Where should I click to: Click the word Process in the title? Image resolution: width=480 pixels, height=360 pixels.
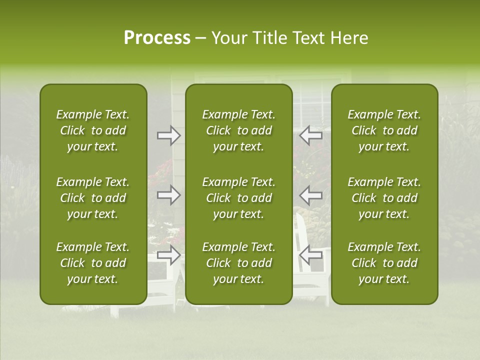click(157, 38)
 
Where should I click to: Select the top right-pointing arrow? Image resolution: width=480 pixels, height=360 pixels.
click(169, 135)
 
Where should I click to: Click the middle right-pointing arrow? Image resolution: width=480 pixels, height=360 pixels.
click(169, 194)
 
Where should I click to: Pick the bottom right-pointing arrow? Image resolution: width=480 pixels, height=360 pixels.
click(169, 255)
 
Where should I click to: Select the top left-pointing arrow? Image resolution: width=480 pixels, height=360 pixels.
click(311, 135)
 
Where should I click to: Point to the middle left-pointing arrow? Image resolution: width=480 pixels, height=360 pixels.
click(311, 194)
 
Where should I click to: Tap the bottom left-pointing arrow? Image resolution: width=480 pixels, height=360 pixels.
click(311, 255)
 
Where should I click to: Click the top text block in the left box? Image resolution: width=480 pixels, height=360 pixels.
click(93, 130)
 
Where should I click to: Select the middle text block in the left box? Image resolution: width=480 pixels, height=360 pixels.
click(93, 198)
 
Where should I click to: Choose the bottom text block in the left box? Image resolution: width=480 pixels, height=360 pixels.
click(93, 263)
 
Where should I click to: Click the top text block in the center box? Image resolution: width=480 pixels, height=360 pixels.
click(238, 130)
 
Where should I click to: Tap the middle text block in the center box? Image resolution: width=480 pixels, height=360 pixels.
click(238, 198)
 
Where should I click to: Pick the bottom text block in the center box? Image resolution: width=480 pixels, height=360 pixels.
click(238, 263)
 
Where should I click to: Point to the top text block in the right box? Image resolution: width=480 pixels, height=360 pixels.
click(384, 130)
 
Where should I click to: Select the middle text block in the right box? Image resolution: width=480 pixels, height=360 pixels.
click(384, 198)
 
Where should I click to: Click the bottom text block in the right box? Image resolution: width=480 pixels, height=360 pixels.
click(384, 263)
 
